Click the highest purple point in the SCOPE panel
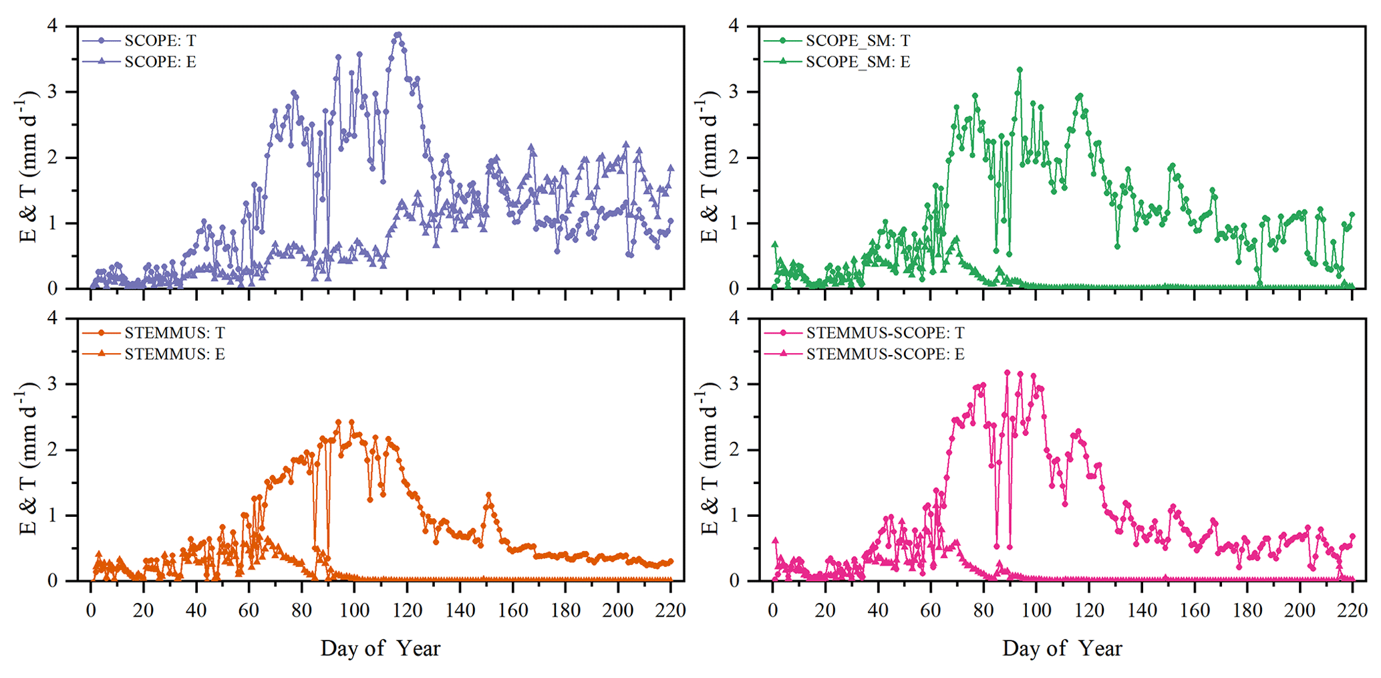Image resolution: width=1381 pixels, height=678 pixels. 398,35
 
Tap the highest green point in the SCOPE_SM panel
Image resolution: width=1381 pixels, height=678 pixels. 1020,70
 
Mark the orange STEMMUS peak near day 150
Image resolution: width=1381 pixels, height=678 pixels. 488,495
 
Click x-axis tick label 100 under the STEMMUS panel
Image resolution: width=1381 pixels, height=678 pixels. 354,610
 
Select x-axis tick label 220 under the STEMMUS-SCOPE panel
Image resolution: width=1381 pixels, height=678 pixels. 1352,610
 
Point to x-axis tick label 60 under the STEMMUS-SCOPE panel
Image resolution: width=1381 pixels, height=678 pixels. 931,610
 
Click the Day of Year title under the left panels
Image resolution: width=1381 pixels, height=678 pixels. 380,648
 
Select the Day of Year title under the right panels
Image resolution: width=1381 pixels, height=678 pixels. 1062,648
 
